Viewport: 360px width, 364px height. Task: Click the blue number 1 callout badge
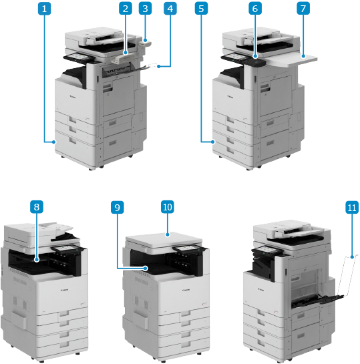pyautogui.click(x=44, y=9)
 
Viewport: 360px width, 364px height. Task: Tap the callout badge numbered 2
pyautogui.click(x=126, y=9)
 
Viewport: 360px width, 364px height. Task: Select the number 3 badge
pyautogui.click(x=146, y=9)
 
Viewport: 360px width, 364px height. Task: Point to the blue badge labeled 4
pyautogui.click(x=170, y=9)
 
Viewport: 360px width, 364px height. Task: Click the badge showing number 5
pyautogui.click(x=201, y=9)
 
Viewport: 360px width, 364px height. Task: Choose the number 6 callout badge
pyautogui.click(x=255, y=9)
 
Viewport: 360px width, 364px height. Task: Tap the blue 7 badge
pyautogui.click(x=303, y=9)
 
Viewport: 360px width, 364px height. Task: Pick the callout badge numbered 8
pyautogui.click(x=37, y=206)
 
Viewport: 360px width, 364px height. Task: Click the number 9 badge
pyautogui.click(x=117, y=207)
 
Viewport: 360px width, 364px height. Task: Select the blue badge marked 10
pyautogui.click(x=168, y=206)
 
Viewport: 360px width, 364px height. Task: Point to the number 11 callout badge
pyautogui.click(x=352, y=207)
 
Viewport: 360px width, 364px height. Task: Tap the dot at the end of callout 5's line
pyautogui.click(x=212, y=142)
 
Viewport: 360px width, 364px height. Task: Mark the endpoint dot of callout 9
pyautogui.click(x=146, y=268)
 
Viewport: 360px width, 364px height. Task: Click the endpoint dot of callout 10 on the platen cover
pyautogui.click(x=168, y=234)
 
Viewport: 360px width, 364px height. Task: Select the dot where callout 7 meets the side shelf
pyautogui.click(x=303, y=56)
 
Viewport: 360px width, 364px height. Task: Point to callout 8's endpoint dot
pyautogui.click(x=37, y=260)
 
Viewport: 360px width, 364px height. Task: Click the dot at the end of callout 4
pyautogui.click(x=158, y=67)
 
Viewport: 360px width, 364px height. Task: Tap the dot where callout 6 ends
pyautogui.click(x=255, y=56)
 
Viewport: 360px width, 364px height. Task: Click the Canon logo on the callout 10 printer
pyautogui.click(x=186, y=290)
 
